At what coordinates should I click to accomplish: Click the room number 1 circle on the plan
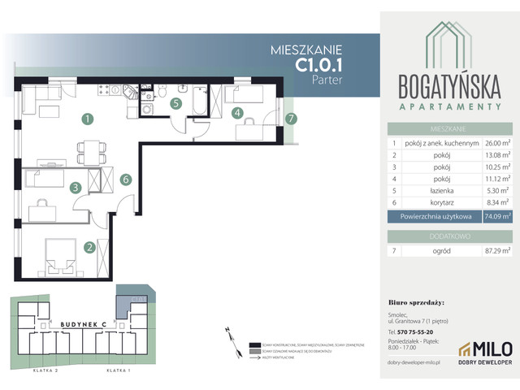(x=86, y=120)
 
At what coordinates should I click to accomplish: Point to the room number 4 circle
(x=237, y=114)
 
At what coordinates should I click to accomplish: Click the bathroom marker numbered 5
(x=175, y=103)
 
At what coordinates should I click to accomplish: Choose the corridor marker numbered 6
(x=125, y=180)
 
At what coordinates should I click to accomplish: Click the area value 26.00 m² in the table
(x=494, y=142)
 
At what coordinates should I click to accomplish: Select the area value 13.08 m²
(x=494, y=157)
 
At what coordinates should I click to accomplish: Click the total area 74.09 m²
(x=494, y=216)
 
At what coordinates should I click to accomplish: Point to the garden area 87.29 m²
(x=494, y=252)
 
